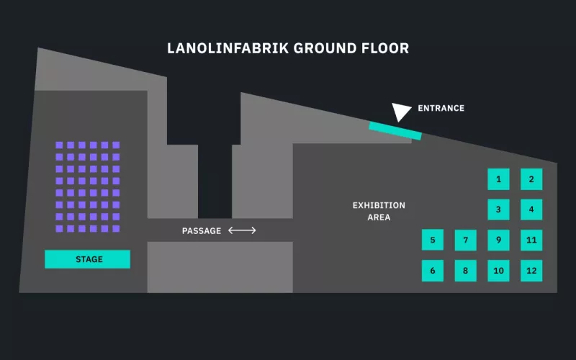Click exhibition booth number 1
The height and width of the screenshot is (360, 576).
(498, 179)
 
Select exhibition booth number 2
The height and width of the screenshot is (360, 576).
(531, 179)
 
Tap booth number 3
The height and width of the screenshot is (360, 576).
(498, 210)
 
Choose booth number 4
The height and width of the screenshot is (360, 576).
(531, 210)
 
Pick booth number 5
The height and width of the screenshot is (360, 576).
(433, 240)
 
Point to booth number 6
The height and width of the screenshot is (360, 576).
(433, 271)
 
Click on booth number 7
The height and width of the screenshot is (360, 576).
(466, 240)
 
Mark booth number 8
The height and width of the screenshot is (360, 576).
(466, 271)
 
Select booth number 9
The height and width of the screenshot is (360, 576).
(498, 240)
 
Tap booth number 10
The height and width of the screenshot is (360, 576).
(498, 271)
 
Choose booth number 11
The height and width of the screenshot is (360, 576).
(531, 240)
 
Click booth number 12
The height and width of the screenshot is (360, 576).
(531, 271)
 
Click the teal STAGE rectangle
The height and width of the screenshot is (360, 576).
(88, 259)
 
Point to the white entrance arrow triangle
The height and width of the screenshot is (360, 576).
(400, 111)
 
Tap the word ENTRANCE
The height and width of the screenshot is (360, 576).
(441, 109)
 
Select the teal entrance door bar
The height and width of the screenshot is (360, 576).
(395, 131)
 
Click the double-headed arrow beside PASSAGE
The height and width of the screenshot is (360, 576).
(242, 230)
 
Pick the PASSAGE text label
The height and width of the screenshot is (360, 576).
(202, 231)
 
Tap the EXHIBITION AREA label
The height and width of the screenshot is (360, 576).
(379, 211)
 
